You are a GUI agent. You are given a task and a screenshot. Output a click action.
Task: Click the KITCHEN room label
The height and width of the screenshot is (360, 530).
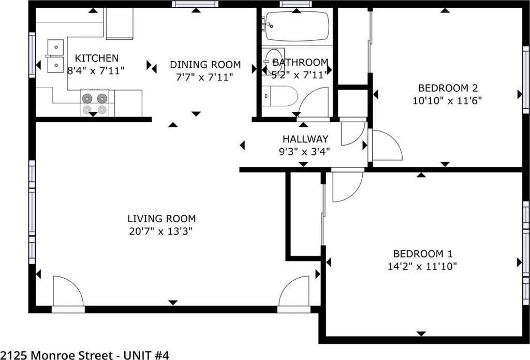pos(97,58)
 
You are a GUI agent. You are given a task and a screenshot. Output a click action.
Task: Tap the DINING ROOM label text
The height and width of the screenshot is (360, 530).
pos(205,65)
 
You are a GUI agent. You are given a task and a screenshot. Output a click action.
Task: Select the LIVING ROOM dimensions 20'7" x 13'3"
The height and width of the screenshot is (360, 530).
pos(161,232)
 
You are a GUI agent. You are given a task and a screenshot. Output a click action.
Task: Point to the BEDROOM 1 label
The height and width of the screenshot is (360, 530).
pos(422,254)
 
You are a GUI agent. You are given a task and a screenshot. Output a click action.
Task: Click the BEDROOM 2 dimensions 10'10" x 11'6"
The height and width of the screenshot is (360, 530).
pos(447,100)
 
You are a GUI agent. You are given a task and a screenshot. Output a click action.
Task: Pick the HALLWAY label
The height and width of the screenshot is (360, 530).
pos(305,139)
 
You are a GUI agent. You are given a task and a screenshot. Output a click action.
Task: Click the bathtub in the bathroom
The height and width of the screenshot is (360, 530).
pos(297,26)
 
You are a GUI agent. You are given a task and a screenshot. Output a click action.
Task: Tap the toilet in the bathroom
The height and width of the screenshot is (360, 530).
pos(279,96)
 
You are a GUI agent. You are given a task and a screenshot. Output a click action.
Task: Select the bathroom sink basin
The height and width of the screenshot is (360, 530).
pos(273,62)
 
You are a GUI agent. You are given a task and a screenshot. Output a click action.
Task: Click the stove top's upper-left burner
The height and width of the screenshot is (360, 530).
pos(87,98)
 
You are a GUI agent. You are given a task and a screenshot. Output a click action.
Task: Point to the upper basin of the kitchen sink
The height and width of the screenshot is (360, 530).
pos(55,47)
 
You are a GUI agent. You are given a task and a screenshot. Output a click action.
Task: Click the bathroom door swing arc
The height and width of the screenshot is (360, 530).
pos(312,102)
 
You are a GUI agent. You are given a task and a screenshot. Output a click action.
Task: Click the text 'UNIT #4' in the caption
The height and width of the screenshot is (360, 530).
pos(146,355)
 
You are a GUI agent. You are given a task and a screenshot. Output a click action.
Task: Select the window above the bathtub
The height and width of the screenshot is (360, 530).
pos(296,4)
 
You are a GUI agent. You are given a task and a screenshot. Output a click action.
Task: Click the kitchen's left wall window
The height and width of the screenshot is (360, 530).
pos(32,55)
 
